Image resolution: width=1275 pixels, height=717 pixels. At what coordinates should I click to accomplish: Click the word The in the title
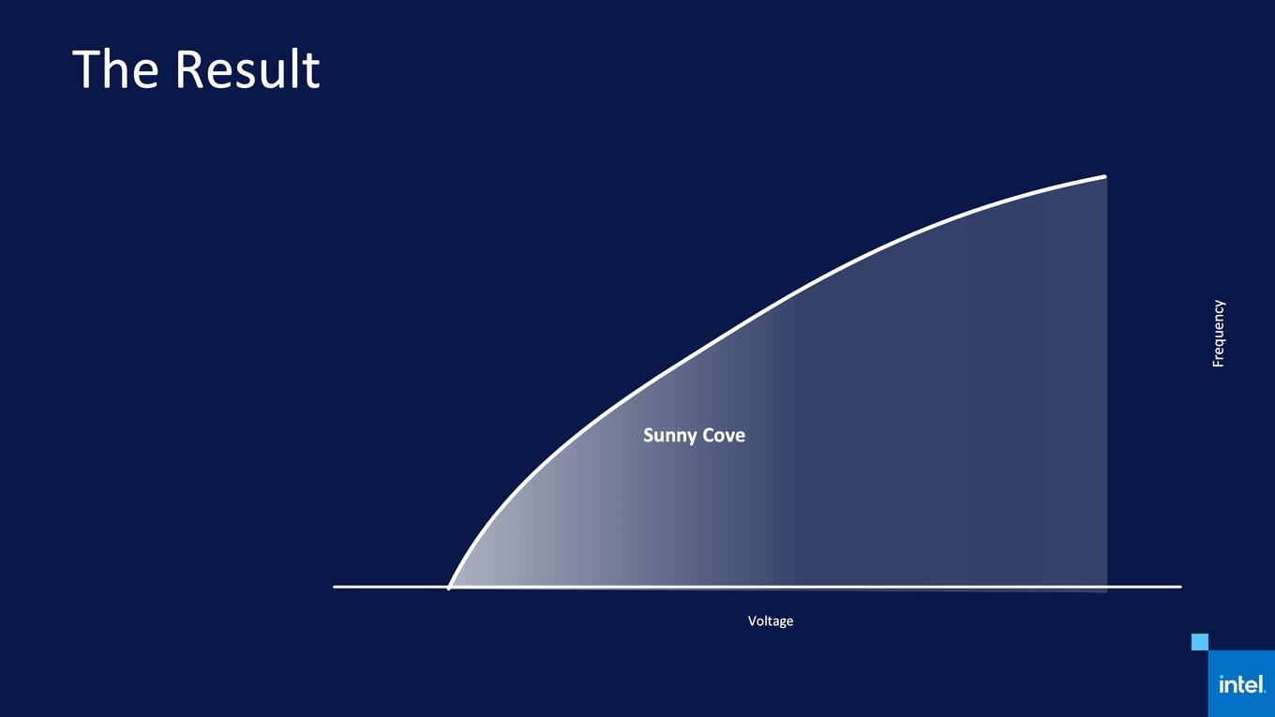coord(115,68)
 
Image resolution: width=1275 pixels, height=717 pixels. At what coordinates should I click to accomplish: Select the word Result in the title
coord(247,68)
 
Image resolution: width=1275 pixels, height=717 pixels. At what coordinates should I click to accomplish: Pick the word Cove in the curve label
coord(724,435)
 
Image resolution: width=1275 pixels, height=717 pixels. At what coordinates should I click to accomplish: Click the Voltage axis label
coord(770,621)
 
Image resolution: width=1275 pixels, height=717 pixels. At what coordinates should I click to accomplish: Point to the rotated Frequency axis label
coord(1218,334)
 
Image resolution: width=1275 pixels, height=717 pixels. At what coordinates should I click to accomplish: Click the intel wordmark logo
coord(1242,684)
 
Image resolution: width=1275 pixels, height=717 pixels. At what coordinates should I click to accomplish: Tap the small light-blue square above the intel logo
coord(1200,642)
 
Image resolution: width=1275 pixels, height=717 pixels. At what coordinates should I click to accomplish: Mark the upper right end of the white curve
coord(1105,176)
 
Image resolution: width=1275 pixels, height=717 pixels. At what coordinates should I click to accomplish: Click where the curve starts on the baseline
coord(449,588)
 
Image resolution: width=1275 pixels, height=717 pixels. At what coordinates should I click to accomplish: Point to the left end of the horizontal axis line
coord(334,587)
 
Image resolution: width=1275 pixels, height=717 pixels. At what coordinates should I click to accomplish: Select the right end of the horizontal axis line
coord(1181,587)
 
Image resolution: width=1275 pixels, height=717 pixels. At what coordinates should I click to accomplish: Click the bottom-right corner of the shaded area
coord(1107,592)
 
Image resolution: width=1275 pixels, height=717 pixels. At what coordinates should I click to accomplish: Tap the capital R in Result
coord(189,68)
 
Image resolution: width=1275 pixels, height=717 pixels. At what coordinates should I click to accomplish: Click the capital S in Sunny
coord(649,435)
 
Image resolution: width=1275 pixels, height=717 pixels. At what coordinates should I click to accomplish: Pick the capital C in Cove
coord(709,435)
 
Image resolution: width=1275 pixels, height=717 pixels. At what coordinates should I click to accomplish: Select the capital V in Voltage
coord(753,620)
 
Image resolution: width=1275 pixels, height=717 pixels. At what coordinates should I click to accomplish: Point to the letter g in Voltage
coord(781,623)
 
